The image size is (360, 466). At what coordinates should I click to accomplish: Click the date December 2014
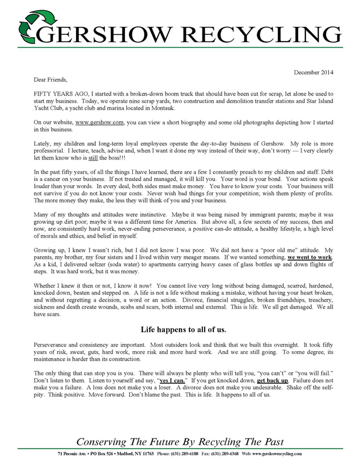coord(314,73)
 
